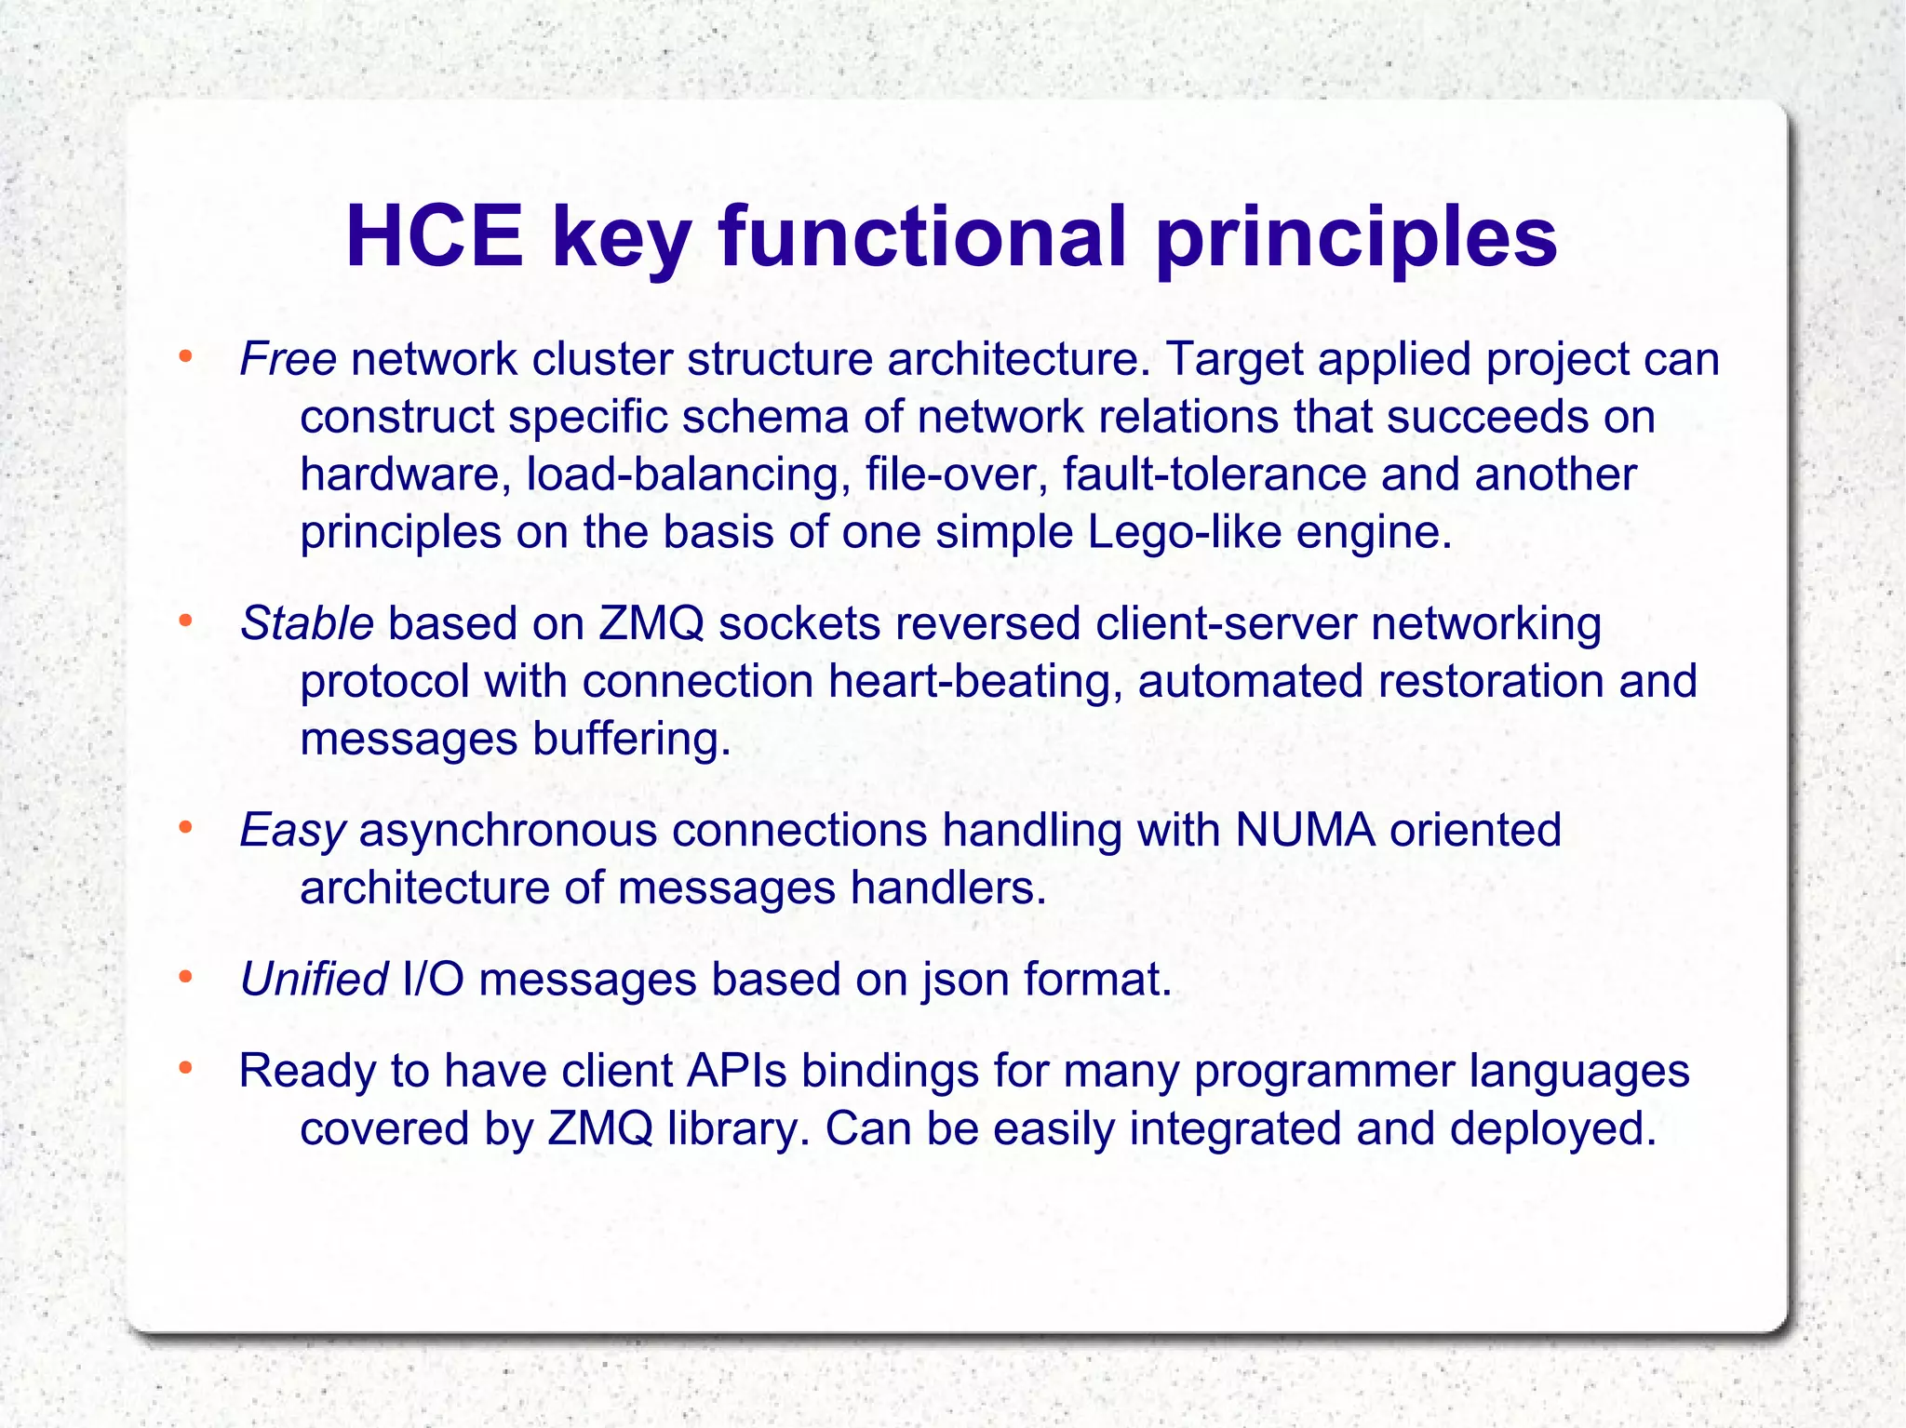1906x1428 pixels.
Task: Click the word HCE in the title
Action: coord(434,238)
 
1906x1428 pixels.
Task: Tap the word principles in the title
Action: coord(1356,238)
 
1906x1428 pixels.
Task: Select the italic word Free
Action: coord(288,359)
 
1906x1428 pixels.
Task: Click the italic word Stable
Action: coord(307,623)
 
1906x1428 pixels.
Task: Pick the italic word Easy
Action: coord(292,830)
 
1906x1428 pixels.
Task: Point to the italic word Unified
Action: coord(314,980)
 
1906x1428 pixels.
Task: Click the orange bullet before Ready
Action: coord(185,1069)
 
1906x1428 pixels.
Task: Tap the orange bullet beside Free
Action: coord(185,357)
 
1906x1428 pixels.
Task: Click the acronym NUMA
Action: coord(1305,830)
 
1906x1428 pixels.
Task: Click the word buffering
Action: coord(631,740)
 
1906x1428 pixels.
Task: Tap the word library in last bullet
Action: coord(738,1129)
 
